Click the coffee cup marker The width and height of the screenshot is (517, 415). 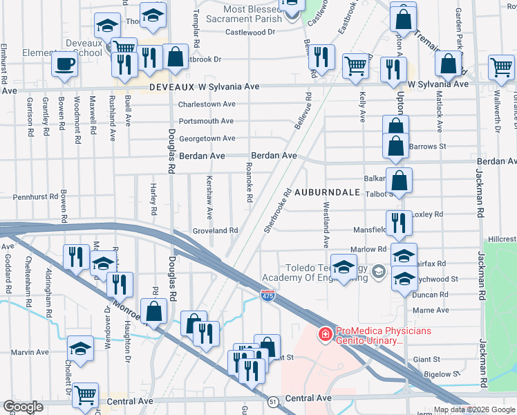(64, 64)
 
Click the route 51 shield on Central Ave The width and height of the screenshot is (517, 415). (274, 400)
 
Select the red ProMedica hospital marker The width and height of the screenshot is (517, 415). (323, 335)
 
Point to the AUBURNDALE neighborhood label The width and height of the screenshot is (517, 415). (328, 192)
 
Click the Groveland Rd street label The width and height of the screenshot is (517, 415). (215, 230)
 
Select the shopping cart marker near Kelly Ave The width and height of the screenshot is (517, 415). (355, 66)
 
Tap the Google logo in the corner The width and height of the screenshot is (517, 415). (23, 407)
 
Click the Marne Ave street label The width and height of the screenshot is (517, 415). (432, 311)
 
